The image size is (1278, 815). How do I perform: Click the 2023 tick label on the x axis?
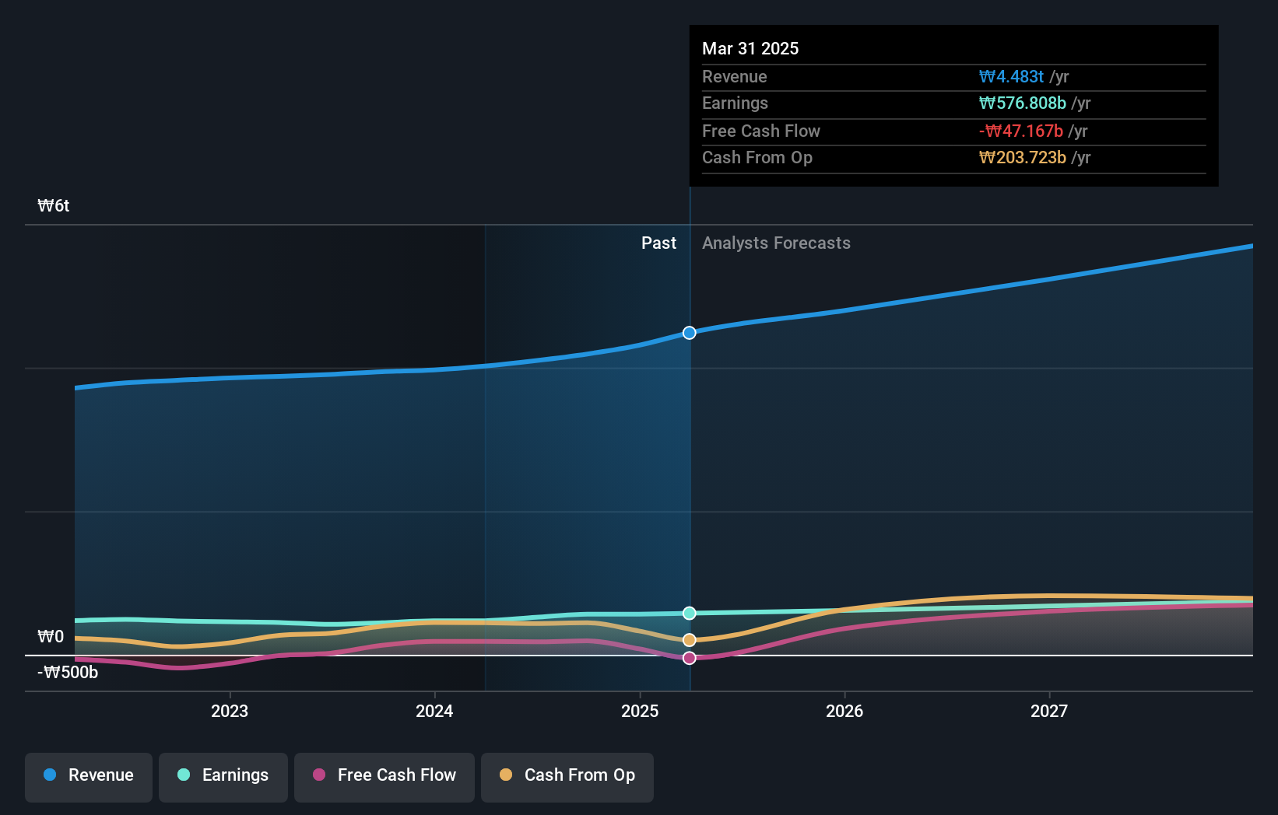tap(230, 711)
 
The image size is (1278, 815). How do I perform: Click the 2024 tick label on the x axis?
tap(434, 711)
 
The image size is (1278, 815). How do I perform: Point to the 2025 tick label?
tap(640, 711)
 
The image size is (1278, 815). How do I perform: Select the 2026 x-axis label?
tap(844, 711)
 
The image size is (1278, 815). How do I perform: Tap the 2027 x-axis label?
tap(1049, 711)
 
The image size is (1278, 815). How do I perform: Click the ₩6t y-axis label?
tap(54, 206)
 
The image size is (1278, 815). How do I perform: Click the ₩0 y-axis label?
tap(51, 637)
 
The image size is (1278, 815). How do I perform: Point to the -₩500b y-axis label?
tap(68, 673)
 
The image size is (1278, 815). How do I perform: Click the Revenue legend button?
tap(89, 775)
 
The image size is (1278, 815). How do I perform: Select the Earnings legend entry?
tap(223, 775)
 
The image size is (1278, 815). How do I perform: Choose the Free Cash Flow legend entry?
tap(384, 775)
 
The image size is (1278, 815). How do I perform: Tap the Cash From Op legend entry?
tap(567, 775)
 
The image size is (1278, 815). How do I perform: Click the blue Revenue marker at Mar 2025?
tap(690, 333)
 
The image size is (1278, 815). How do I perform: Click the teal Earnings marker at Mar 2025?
tap(690, 614)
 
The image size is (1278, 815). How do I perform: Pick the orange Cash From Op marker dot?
tap(690, 640)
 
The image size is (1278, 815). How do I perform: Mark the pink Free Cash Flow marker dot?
tap(690, 659)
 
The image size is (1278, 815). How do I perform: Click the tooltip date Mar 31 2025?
tap(750, 48)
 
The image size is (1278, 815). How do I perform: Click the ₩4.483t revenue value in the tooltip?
tap(1011, 77)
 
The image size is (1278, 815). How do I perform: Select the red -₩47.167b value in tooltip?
tap(1020, 131)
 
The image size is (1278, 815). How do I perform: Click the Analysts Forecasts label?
tap(776, 243)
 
